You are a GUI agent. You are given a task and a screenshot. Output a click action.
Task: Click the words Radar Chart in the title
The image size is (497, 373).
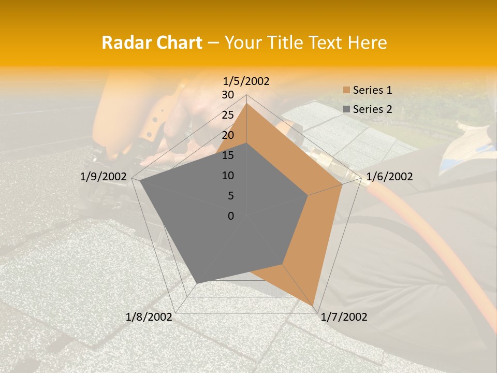coord(152,42)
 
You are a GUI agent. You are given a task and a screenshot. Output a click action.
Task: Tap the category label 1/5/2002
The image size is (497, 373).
coord(246,81)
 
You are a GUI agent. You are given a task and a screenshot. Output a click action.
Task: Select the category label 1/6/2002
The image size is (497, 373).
coord(389,177)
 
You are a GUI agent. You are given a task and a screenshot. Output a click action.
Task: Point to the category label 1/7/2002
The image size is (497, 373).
coord(344,317)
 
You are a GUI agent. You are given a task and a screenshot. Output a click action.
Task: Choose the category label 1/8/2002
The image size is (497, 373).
coord(149,317)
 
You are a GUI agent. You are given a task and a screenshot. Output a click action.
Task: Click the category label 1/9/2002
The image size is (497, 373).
coord(104,177)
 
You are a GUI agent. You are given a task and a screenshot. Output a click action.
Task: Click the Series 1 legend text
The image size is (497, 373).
coord(372,90)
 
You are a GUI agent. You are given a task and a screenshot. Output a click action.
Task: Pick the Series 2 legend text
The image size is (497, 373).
coord(372,109)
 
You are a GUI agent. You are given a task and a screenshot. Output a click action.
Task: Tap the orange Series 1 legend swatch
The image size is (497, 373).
coord(346,90)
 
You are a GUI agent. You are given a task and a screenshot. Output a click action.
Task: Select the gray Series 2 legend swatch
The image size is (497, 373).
coord(346,109)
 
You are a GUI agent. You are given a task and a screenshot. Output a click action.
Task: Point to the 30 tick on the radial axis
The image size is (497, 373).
coord(228,95)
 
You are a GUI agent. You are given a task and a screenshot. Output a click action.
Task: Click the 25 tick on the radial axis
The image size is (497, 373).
coord(228,115)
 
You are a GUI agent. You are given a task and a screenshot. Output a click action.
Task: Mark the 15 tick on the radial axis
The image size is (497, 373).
coord(228,155)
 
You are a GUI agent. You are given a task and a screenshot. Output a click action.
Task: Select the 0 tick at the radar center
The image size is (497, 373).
coord(231,216)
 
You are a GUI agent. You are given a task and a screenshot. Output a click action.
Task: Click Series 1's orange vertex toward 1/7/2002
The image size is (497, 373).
coord(314,305)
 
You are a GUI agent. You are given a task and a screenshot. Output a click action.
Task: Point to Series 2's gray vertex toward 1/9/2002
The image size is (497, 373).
coord(140,181)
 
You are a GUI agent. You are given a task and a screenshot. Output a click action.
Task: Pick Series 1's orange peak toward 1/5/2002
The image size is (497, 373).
coord(247,103)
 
